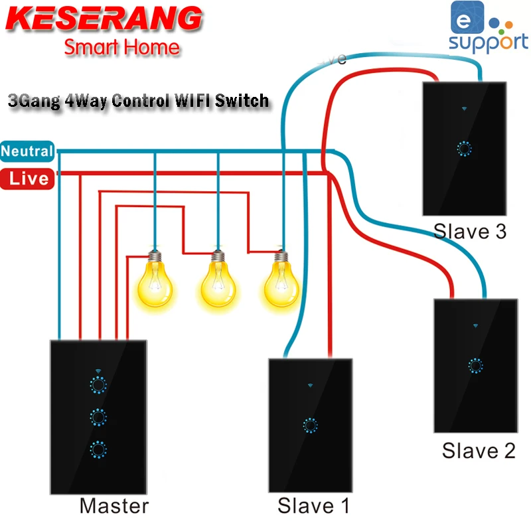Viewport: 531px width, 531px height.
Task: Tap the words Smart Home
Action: (121, 47)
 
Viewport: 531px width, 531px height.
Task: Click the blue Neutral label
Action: (27, 151)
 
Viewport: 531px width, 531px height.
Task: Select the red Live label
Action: (28, 178)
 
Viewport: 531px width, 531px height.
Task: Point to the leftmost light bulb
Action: (154, 279)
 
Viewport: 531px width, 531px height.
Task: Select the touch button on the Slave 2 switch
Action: (475, 365)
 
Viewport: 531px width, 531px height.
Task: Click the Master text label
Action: (114, 506)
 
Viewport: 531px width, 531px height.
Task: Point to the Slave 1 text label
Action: (313, 506)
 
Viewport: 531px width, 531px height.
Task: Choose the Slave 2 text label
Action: (479, 451)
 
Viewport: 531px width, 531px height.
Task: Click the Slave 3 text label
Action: (470, 231)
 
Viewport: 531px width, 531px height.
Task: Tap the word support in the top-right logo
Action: (489, 42)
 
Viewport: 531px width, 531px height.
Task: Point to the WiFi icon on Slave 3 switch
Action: (463, 106)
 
